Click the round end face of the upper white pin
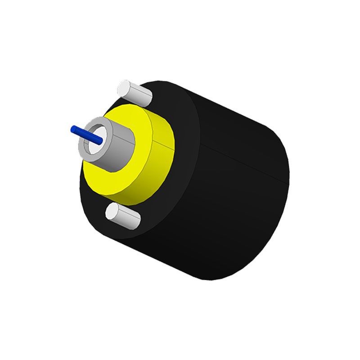(x=123, y=86)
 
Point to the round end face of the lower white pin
(x=112, y=211)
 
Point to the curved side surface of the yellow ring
(x=160, y=157)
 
